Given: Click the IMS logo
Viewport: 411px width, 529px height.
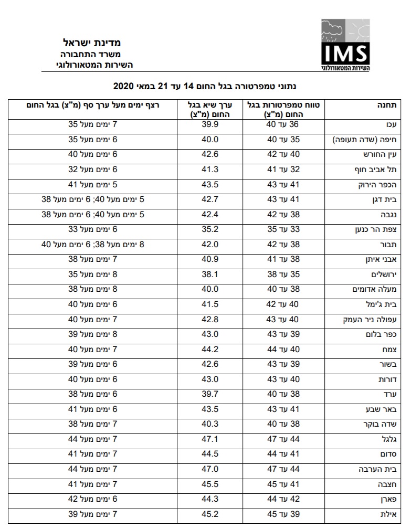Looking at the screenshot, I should pos(345,46).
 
